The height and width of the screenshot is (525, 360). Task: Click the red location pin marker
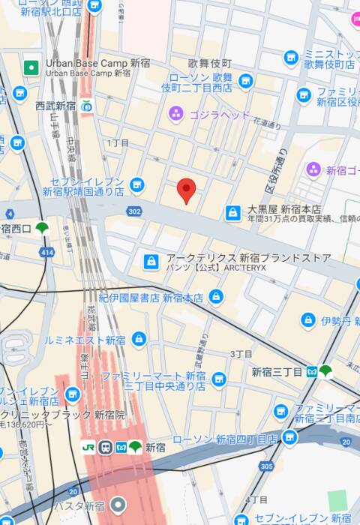pyautogui.click(x=187, y=190)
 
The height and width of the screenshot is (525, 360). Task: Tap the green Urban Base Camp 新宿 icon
pyautogui.click(x=31, y=67)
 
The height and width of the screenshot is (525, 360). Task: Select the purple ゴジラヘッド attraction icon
pyautogui.click(x=175, y=113)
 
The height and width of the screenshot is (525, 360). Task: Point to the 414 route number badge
pyautogui.click(x=48, y=253)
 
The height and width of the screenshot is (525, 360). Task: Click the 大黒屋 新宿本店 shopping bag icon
pyautogui.click(x=233, y=213)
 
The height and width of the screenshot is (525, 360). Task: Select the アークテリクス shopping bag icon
pyautogui.click(x=151, y=261)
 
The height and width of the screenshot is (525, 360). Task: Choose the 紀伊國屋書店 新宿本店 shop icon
pyautogui.click(x=216, y=297)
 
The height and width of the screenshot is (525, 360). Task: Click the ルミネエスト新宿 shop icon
pyautogui.click(x=138, y=340)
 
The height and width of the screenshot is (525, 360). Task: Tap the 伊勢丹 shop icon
pyautogui.click(x=307, y=320)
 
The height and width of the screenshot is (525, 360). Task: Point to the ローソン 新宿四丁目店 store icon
pyautogui.click(x=289, y=438)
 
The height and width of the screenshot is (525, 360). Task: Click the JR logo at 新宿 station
pyautogui.click(x=88, y=448)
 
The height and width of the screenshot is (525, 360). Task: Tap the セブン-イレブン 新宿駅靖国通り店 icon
pyautogui.click(x=136, y=184)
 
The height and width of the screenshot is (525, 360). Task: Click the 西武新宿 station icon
pyautogui.click(x=88, y=106)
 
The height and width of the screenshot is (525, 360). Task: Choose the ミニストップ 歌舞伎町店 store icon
pyautogui.click(x=291, y=58)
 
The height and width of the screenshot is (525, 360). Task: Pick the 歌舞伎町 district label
pyautogui.click(x=209, y=62)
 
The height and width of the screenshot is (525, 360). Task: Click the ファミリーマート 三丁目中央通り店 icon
pyautogui.click(x=219, y=380)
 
